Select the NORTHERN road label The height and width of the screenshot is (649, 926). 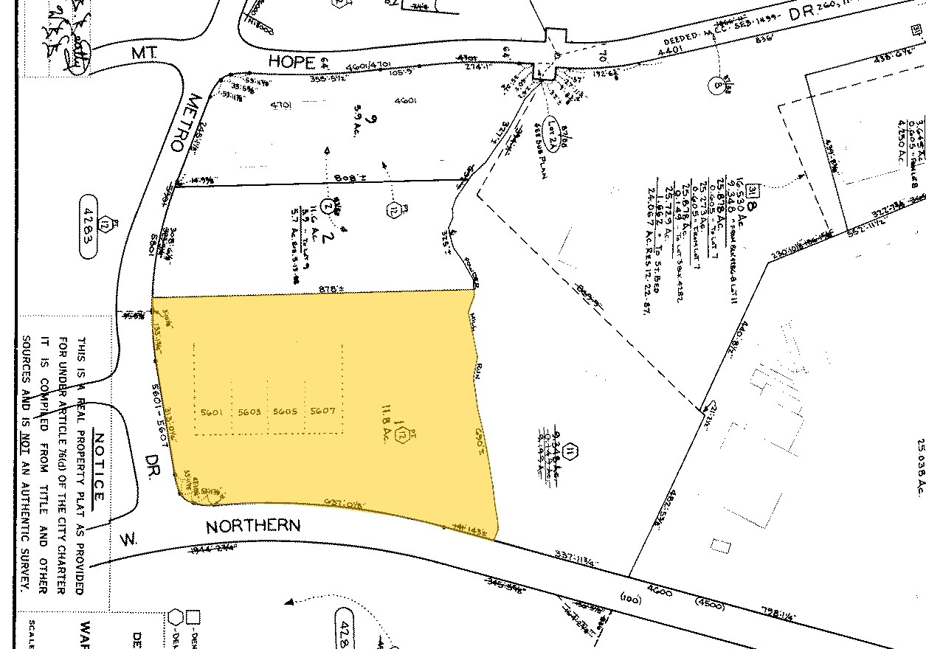click(253, 527)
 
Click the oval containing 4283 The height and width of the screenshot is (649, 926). click(89, 226)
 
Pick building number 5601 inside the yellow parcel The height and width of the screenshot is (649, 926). click(213, 412)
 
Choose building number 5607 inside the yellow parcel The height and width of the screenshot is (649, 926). click(322, 412)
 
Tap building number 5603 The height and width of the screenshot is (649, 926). click(249, 412)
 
